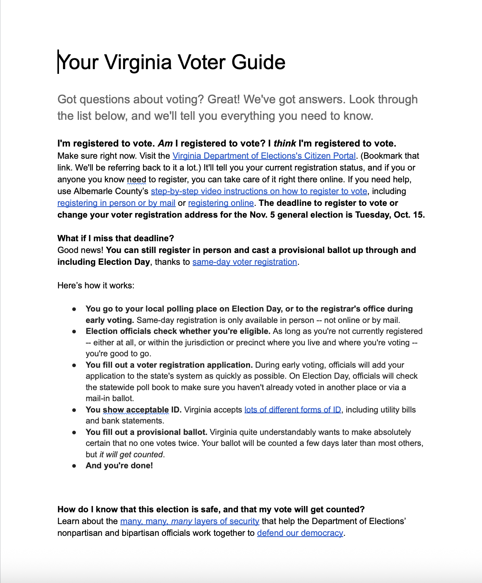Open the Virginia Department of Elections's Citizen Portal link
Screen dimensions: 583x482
pyautogui.click(x=264, y=156)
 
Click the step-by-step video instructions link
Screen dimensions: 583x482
pyautogui.click(x=259, y=191)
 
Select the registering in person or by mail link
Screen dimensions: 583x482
pyautogui.click(x=116, y=203)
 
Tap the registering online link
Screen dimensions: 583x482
pyautogui.click(x=221, y=203)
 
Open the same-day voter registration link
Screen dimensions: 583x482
pyautogui.click(x=245, y=262)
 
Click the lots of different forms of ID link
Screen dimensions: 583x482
pyautogui.click(x=293, y=410)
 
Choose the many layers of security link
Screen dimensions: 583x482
pyautogui.click(x=189, y=521)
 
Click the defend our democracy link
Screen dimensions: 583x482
pyautogui.click(x=300, y=533)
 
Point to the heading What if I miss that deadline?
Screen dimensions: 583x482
pyautogui.click(x=116, y=238)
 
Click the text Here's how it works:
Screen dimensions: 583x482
pyautogui.click(x=96, y=286)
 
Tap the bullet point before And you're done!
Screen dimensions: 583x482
pyautogui.click(x=74, y=466)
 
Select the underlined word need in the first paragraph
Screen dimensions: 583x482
pyautogui.click(x=136, y=180)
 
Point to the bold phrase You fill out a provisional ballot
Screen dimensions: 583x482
pyautogui.click(x=146, y=432)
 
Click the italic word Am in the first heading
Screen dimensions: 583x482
pyautogui.click(x=165, y=143)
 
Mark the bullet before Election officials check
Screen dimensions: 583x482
pyautogui.click(x=74, y=332)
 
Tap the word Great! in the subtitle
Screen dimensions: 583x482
pyautogui.click(x=223, y=99)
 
